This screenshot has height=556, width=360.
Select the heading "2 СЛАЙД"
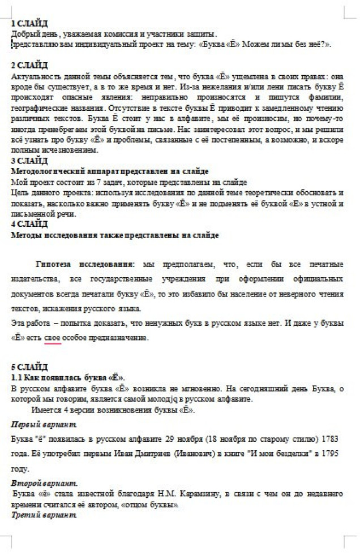(x=30, y=65)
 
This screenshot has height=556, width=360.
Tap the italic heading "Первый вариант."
(x=44, y=424)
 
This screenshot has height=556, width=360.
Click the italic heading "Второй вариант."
(x=44, y=484)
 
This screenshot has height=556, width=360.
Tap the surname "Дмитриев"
(x=149, y=454)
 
